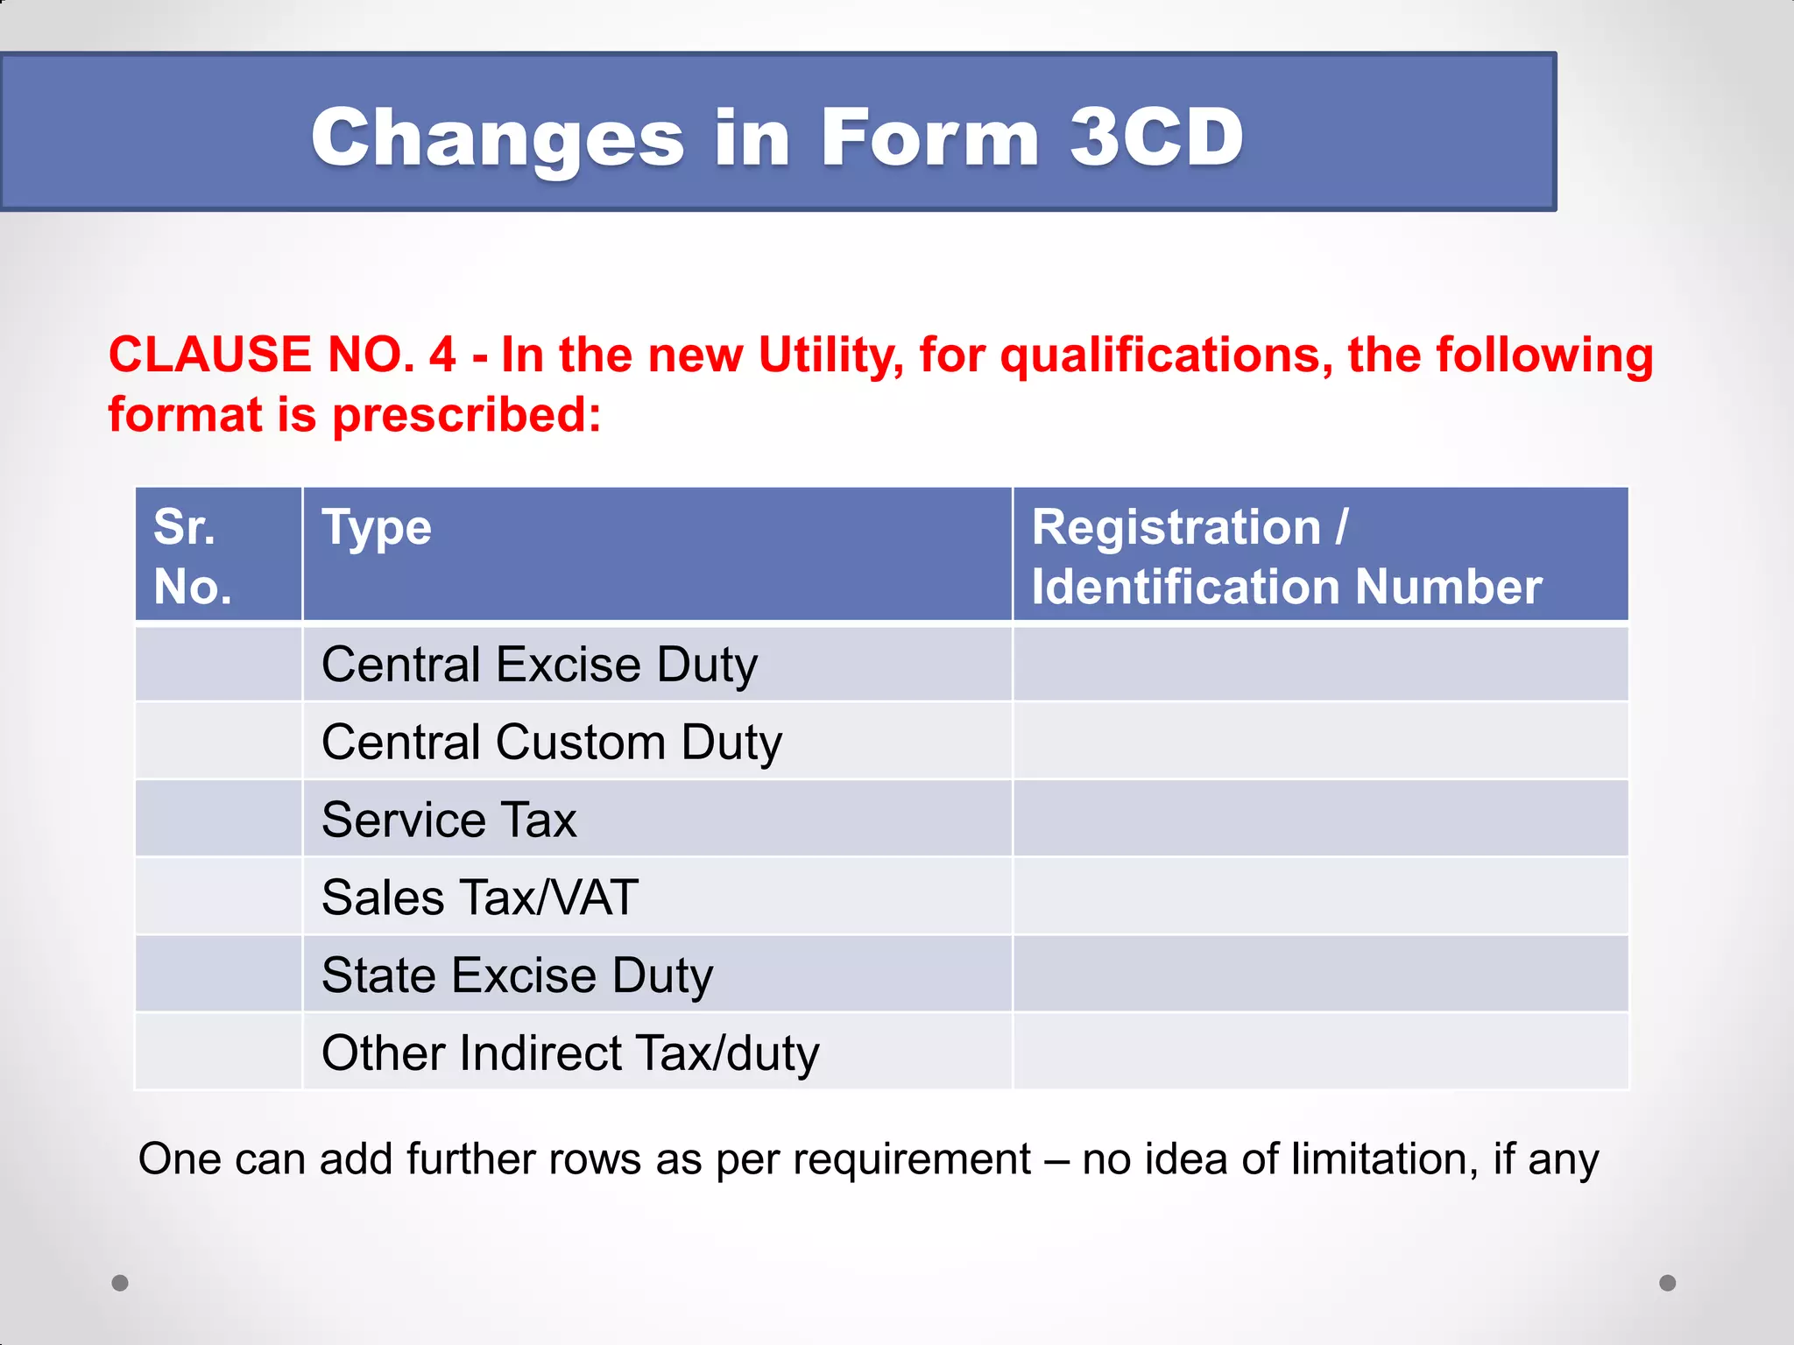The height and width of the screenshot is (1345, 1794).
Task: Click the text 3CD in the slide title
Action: pos(1156,137)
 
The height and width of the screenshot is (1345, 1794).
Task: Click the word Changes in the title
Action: pos(498,137)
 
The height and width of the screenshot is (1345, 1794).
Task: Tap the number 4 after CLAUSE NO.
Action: pos(442,356)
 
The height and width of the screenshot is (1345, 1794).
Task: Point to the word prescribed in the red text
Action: pos(466,414)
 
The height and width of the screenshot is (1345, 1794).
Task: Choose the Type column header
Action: pos(377,528)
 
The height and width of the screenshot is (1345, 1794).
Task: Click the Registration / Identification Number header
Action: pos(1286,557)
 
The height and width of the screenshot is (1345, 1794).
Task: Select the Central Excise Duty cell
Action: pos(539,665)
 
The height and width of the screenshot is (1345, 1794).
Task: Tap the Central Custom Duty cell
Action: pos(551,743)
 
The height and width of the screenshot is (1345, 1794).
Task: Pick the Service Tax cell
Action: pos(448,820)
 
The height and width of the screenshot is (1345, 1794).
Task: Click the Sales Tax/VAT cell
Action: pos(480,898)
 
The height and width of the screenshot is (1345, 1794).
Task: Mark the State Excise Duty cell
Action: pos(517,975)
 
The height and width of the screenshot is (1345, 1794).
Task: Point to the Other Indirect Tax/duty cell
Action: pos(570,1053)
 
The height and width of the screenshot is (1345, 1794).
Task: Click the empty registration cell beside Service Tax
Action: pos(1319,820)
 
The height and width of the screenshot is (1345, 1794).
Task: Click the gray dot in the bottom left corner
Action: pos(120,1283)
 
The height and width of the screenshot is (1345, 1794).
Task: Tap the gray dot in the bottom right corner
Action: pos(1668,1283)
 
